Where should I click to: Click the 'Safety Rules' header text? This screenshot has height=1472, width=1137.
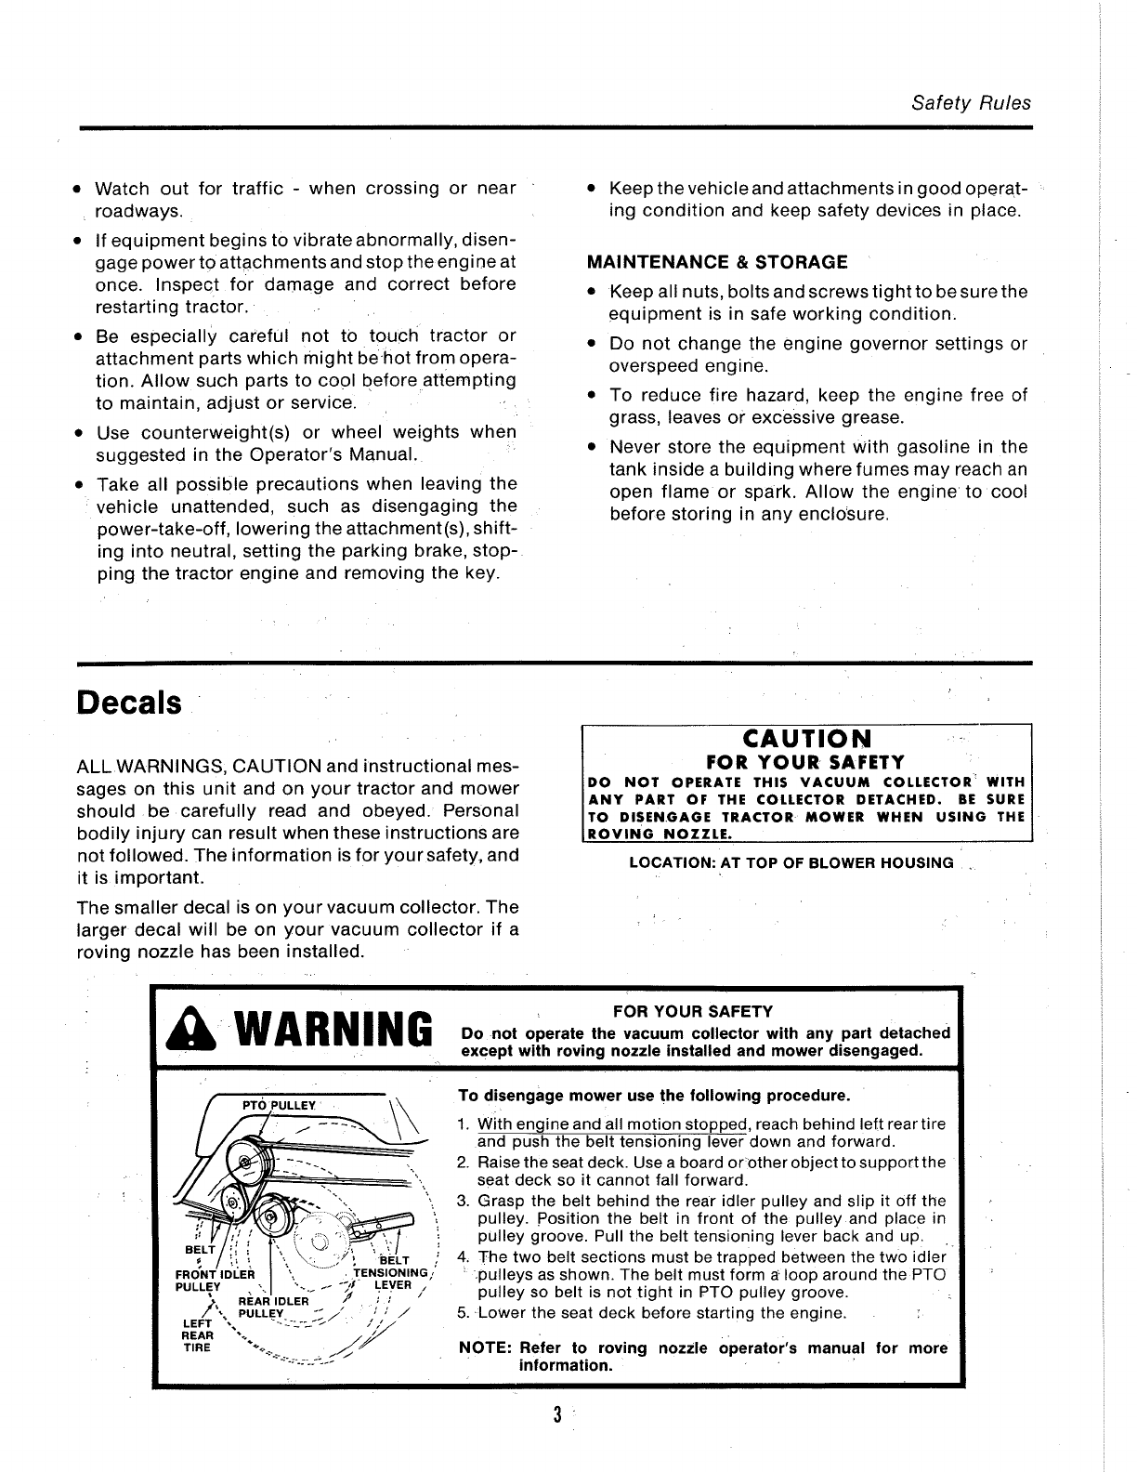(971, 103)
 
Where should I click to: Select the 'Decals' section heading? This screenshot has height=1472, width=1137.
(129, 703)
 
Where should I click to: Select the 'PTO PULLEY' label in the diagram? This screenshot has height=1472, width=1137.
(279, 1106)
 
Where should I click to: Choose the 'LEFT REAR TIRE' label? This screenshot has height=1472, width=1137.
(197, 1334)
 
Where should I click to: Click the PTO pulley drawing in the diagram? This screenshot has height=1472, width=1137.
(250, 1162)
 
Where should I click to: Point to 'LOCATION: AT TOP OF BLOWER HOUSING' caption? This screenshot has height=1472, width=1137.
(791, 863)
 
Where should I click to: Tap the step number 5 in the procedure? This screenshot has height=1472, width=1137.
(463, 1313)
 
